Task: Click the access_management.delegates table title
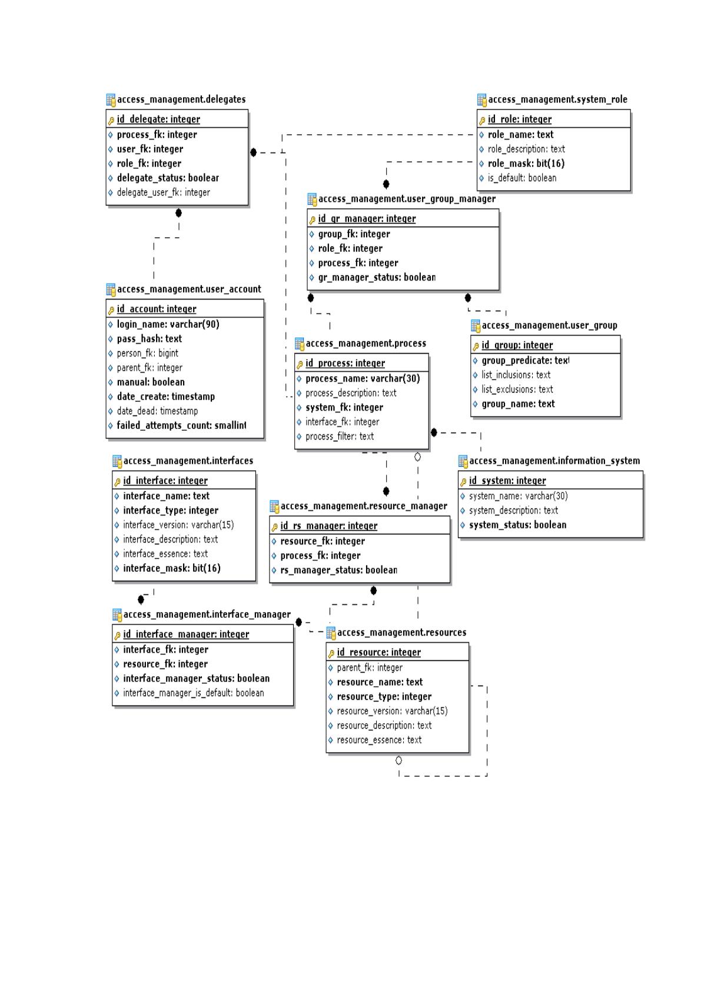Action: tap(181, 99)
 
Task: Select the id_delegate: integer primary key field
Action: tap(158, 119)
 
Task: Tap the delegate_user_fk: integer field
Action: tap(163, 192)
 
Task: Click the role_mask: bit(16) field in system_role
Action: tap(526, 164)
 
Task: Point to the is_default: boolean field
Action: tap(521, 178)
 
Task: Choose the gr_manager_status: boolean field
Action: tap(377, 277)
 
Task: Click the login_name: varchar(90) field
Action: tap(168, 324)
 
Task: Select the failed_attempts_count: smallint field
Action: tap(181, 425)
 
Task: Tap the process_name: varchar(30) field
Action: tap(363, 379)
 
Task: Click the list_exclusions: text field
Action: tap(517, 390)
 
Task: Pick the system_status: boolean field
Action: tap(517, 525)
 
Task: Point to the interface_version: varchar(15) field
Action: tap(178, 525)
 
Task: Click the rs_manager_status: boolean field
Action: tap(338, 570)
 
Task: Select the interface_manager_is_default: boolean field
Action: tap(194, 693)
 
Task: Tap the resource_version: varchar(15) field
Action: tap(392, 711)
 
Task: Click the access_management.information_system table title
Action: tap(554, 461)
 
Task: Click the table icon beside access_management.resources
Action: tap(331, 633)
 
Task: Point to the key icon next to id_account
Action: tap(111, 310)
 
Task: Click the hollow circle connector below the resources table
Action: tap(398, 760)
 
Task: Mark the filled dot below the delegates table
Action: tap(178, 213)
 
